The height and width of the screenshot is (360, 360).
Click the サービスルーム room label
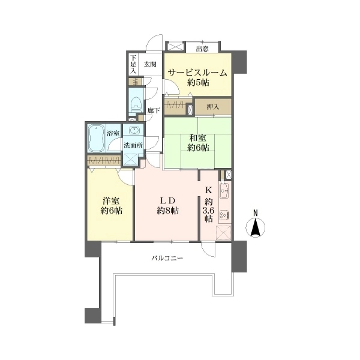point(197,73)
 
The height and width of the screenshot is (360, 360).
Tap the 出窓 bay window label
point(202,49)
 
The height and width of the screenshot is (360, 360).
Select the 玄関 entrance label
point(150,65)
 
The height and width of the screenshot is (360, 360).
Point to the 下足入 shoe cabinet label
point(133,65)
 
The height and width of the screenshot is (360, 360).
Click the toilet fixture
point(136,104)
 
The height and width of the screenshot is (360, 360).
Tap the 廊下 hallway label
point(154,110)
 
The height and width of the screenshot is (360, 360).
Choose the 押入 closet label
point(213,107)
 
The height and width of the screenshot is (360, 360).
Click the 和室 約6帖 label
point(197,143)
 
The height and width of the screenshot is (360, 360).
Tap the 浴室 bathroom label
point(113,133)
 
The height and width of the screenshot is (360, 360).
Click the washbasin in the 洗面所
point(133,131)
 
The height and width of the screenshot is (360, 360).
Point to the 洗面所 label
point(133,145)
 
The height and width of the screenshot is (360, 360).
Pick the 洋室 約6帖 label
point(111,206)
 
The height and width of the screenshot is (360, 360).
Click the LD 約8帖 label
point(168,206)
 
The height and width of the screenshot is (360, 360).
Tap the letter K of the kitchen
point(208,190)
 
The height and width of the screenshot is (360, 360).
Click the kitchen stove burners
point(224,215)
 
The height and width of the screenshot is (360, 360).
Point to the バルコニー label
point(167,259)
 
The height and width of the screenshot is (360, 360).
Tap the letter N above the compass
point(256,213)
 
